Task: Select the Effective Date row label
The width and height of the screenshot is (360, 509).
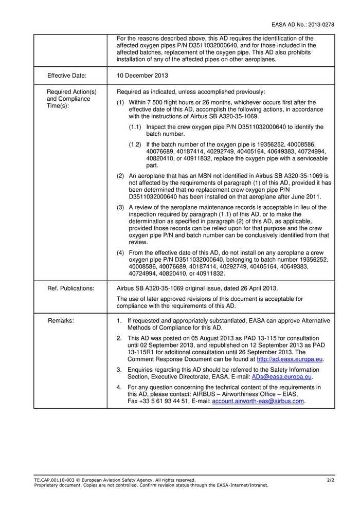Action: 67,76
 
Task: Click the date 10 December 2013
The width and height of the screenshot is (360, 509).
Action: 142,76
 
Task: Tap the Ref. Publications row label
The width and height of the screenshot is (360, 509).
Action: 71,288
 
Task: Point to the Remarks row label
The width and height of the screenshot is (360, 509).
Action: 61,321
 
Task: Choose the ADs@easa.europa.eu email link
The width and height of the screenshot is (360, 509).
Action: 282,377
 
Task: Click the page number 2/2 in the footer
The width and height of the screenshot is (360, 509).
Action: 330,480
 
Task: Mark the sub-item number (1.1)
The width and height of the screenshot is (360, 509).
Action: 135,127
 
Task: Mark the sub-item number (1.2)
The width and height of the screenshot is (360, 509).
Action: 135,144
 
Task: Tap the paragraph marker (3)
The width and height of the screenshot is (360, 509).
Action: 120,207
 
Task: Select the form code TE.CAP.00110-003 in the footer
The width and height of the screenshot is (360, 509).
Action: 54,480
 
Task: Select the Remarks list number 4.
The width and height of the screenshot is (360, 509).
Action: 119,387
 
